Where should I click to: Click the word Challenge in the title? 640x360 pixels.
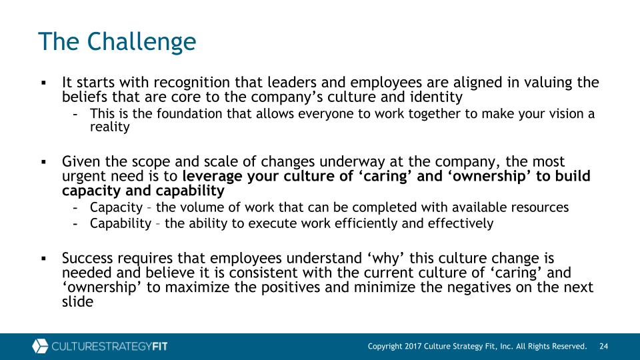[x=141, y=42]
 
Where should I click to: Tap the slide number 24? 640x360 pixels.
[x=604, y=346]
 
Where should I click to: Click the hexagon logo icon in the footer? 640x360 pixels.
[x=40, y=346]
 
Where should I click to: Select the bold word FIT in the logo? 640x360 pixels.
[x=159, y=347]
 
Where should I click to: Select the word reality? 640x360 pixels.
[x=110, y=127]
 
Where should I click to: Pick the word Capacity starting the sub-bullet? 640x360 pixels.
[x=116, y=208]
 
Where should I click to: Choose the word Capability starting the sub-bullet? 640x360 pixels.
[x=121, y=224]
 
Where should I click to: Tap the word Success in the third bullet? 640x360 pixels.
[x=87, y=258]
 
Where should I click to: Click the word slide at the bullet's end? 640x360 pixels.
[x=77, y=301]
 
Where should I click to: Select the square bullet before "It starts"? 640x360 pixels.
[x=44, y=83]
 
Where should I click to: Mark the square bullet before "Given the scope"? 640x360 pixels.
[x=44, y=162]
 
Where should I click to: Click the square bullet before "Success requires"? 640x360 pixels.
[x=44, y=259]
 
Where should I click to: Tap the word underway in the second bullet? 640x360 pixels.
[x=352, y=162]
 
